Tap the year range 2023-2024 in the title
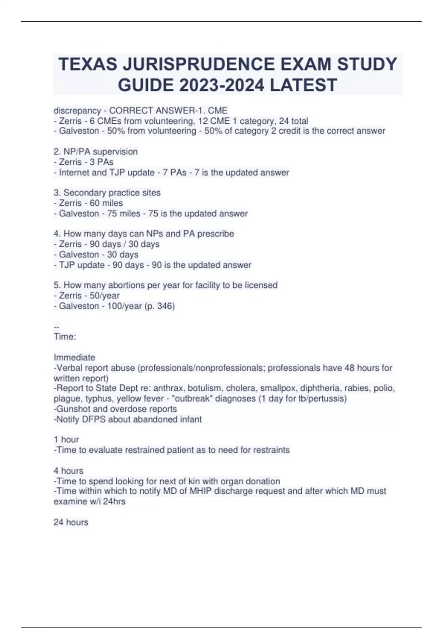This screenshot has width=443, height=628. click(x=221, y=85)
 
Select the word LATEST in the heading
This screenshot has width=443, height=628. click(x=303, y=85)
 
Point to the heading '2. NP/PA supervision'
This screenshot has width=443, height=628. click(x=96, y=151)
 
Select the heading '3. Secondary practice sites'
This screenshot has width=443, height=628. click(x=107, y=192)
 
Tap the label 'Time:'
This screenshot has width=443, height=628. click(x=65, y=337)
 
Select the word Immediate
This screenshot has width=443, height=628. click(x=74, y=357)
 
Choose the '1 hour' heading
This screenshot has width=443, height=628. click(x=66, y=440)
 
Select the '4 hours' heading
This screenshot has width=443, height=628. click(x=68, y=471)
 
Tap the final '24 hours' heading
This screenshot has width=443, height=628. click(x=71, y=522)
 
